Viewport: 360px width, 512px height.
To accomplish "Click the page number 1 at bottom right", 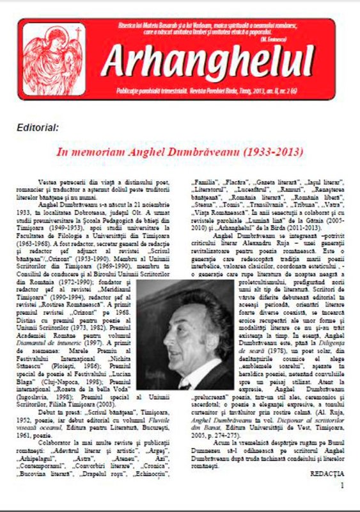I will click(341, 486).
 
